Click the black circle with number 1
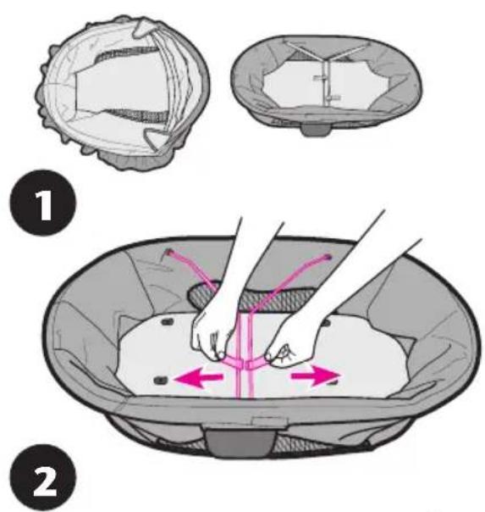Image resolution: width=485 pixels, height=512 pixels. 44,203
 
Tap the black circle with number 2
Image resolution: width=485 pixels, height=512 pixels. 44,477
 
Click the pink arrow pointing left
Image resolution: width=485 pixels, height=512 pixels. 199,378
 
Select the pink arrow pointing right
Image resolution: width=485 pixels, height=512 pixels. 316,376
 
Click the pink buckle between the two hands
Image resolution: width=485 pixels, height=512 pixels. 244,363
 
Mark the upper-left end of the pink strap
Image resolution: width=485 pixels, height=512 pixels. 168,252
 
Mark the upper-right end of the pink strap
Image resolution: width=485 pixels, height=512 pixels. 328,258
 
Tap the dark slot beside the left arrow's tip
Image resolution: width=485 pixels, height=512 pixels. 161,380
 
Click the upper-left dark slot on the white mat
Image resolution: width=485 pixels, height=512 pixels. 168,322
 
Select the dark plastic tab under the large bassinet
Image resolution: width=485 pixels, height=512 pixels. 240,442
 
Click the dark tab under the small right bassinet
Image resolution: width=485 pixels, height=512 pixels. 316,130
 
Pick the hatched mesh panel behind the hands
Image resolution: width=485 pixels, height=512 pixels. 252,298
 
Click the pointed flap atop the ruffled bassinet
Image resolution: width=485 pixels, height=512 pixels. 142,27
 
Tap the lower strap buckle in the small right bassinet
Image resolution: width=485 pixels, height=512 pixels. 334,97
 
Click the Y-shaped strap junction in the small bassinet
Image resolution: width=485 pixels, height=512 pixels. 326,59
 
